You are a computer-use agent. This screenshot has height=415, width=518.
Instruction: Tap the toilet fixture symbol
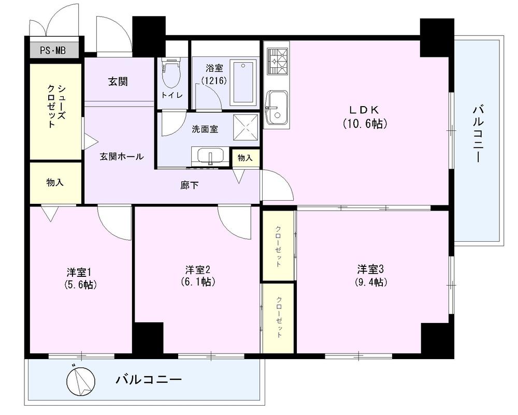(x=171, y=75)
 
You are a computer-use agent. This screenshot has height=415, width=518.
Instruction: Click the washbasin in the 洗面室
(x=210, y=156)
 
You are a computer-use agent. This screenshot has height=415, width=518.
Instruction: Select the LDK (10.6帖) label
(x=365, y=117)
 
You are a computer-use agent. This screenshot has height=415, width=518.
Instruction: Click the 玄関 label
(x=118, y=81)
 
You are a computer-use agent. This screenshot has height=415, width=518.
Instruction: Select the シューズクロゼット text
(x=55, y=106)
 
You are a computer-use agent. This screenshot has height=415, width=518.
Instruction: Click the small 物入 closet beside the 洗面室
(x=245, y=158)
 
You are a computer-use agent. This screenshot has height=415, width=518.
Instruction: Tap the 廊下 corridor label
(x=190, y=185)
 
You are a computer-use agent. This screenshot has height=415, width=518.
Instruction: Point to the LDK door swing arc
(x=277, y=186)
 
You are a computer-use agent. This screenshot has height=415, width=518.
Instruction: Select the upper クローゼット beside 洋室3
(x=278, y=246)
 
